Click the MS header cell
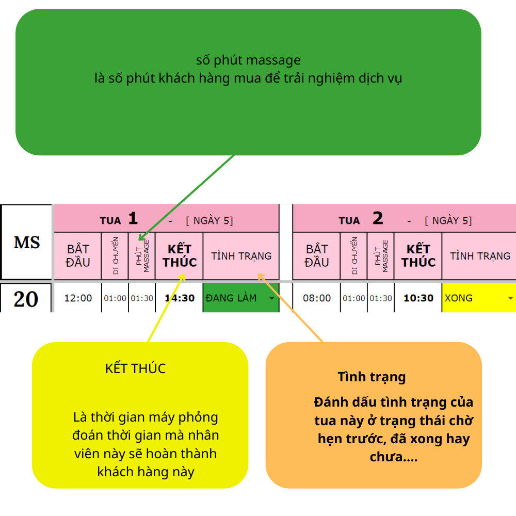coord(26,242)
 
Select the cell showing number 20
coord(26,298)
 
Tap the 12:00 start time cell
coord(78,298)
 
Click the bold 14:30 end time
coord(179,298)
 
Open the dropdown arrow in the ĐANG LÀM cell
coord(271,298)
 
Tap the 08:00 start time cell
coord(317,298)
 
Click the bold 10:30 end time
coord(418,298)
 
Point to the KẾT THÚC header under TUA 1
coord(179,256)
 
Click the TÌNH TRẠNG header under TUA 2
coord(480,256)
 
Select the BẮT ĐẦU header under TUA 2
coord(317,256)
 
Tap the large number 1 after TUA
coord(133,219)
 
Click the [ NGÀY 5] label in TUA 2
coord(448,221)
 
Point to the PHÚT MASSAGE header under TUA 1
coord(142,256)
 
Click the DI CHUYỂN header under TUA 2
coord(354,256)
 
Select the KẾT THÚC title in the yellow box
coord(135,368)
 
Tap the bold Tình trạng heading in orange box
coord(372,377)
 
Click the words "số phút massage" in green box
coord(248,60)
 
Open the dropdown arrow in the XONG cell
coord(510,298)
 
